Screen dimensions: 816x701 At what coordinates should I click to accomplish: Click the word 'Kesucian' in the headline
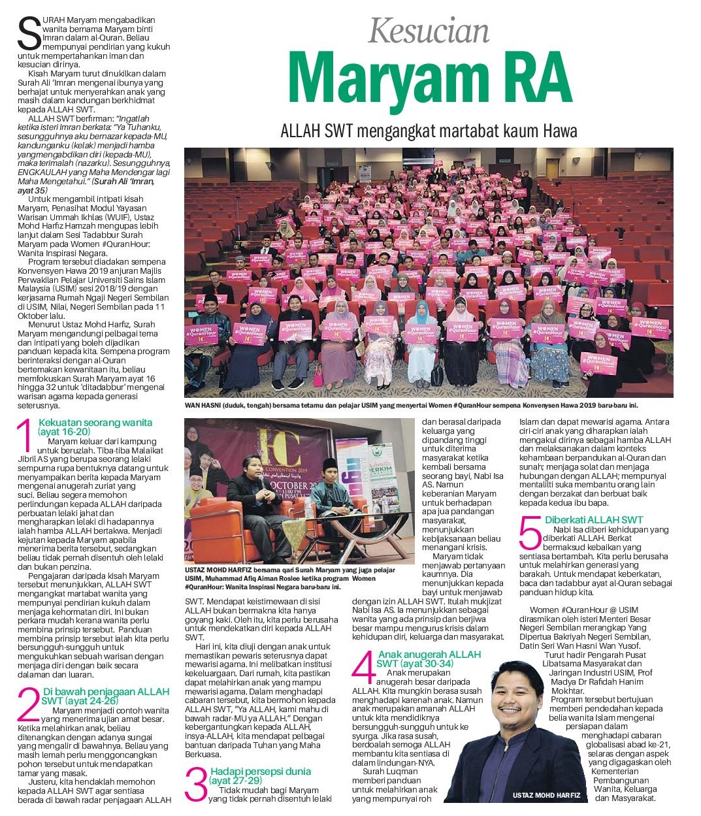(429, 31)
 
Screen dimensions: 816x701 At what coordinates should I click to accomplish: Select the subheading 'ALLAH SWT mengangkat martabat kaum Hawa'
(429, 131)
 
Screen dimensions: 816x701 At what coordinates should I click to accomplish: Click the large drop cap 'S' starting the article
(29, 33)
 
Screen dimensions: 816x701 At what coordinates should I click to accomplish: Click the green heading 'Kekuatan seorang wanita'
(95, 423)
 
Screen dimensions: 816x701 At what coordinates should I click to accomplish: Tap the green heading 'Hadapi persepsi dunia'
(261, 772)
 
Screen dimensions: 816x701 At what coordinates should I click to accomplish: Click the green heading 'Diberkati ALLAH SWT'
(585, 520)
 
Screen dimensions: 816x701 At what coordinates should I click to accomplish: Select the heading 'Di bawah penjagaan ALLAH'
(106, 691)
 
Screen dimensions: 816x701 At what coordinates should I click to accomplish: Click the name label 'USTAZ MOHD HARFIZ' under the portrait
(541, 795)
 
